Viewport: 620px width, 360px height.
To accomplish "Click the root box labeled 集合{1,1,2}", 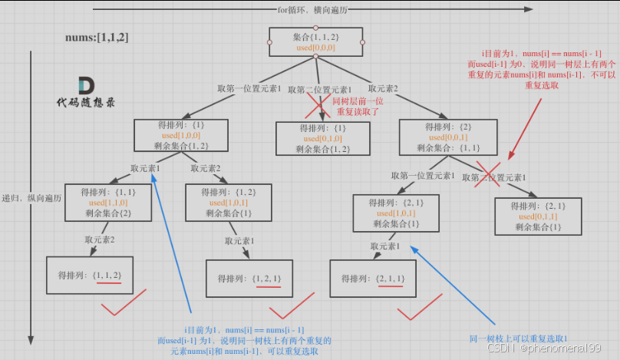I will [315, 41].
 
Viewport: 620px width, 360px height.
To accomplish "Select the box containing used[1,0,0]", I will [171, 135].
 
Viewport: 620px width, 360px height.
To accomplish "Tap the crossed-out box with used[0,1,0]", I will [322, 138].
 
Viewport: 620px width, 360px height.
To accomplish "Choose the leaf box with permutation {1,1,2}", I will [89, 275].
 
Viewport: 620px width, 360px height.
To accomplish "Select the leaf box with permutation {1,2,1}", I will [250, 278].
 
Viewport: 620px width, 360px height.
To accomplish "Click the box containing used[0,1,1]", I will [538, 216].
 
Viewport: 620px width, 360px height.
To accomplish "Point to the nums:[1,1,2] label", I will [97, 38].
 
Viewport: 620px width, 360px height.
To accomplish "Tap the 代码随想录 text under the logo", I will [86, 102].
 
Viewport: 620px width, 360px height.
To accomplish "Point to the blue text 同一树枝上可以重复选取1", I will [519, 338].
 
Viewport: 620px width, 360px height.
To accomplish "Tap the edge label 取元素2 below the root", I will [383, 88].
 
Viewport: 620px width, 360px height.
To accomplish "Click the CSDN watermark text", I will [545, 348].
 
